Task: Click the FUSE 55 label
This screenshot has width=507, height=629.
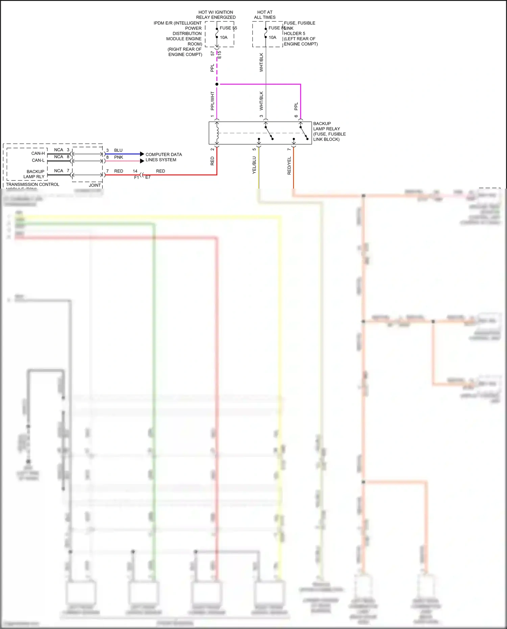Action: (x=228, y=28)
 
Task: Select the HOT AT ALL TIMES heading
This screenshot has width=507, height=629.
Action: (x=265, y=15)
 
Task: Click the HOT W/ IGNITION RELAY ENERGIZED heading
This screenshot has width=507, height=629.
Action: (x=216, y=15)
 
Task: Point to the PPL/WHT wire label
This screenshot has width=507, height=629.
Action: (x=212, y=101)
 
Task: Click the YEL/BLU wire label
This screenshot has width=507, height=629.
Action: (x=254, y=165)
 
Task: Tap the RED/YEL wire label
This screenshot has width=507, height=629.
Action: (x=289, y=166)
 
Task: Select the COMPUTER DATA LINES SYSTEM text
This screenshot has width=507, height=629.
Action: (x=164, y=157)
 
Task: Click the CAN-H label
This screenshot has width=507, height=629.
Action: (x=38, y=153)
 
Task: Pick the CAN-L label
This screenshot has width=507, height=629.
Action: (x=38, y=160)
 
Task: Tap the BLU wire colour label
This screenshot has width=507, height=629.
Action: (x=118, y=150)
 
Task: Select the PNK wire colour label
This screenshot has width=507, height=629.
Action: (x=119, y=157)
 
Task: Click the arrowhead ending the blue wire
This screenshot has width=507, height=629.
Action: (x=142, y=154)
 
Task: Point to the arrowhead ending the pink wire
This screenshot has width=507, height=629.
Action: (x=142, y=161)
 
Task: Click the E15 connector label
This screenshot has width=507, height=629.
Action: (x=219, y=55)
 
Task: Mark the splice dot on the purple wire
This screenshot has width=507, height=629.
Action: (x=217, y=84)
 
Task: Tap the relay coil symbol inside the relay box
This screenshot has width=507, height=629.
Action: (x=217, y=132)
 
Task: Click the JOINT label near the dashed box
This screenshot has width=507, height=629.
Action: (x=95, y=185)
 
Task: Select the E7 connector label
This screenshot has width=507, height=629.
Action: (x=148, y=177)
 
